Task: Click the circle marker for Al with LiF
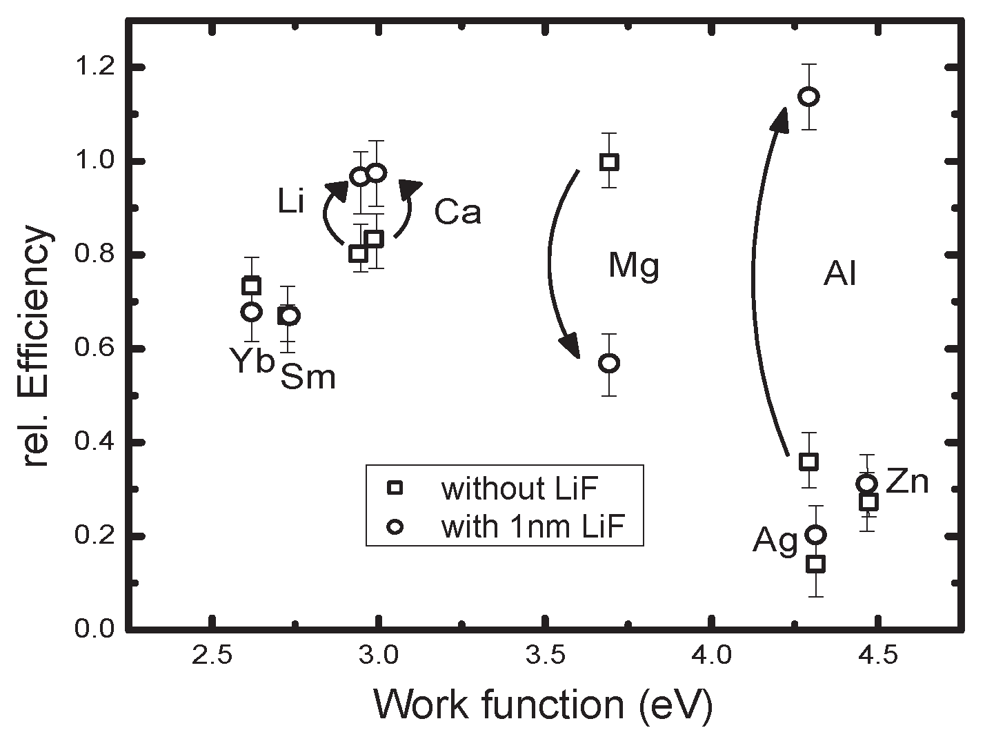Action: tap(808, 96)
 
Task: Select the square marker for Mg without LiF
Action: tap(609, 162)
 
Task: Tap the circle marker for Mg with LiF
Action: tap(608, 364)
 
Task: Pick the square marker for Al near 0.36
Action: tap(808, 461)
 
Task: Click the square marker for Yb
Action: tap(252, 286)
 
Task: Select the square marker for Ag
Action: tap(816, 564)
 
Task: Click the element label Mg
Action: tap(633, 266)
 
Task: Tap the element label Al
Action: tap(839, 275)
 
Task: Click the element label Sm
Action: tap(308, 377)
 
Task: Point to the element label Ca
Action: tap(457, 213)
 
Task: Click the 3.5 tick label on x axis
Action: tap(545, 656)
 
